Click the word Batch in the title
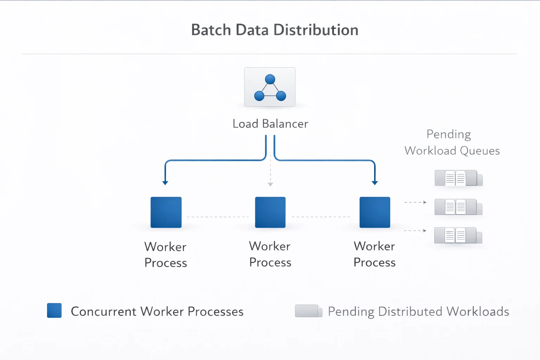click(211, 30)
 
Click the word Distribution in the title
click(316, 30)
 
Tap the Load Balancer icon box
click(270, 87)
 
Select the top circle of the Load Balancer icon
click(270, 79)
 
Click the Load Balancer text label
click(270, 124)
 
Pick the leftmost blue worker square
click(166, 212)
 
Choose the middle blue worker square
click(270, 212)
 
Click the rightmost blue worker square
click(375, 212)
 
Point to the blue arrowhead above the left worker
click(165, 182)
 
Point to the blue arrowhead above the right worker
click(375, 182)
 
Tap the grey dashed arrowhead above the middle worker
click(270, 184)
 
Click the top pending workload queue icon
click(458, 178)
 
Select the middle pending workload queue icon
click(458, 207)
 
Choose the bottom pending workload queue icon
click(458, 236)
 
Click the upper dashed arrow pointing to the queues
click(416, 202)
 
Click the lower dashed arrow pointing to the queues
click(416, 231)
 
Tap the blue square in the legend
click(54, 310)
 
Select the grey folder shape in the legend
click(308, 311)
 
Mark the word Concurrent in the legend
click(103, 311)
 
